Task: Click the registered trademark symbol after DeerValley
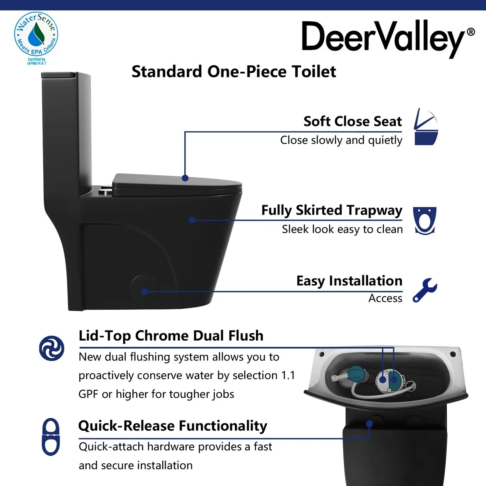tap(471, 32)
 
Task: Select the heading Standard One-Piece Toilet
tap(234, 71)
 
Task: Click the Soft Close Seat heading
tap(353, 122)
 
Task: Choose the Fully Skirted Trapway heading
tap(332, 210)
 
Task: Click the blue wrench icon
tap(425, 290)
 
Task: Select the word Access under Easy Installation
tap(386, 298)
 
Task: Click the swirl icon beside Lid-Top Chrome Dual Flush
tap(52, 348)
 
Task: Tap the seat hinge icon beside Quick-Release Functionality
tap(51, 437)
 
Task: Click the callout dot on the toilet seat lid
tap(185, 178)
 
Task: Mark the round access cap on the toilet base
tap(145, 288)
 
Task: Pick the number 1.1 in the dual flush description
tap(288, 375)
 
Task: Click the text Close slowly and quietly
tap(341, 140)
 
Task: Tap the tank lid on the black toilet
tap(59, 75)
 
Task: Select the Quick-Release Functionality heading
tap(173, 426)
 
